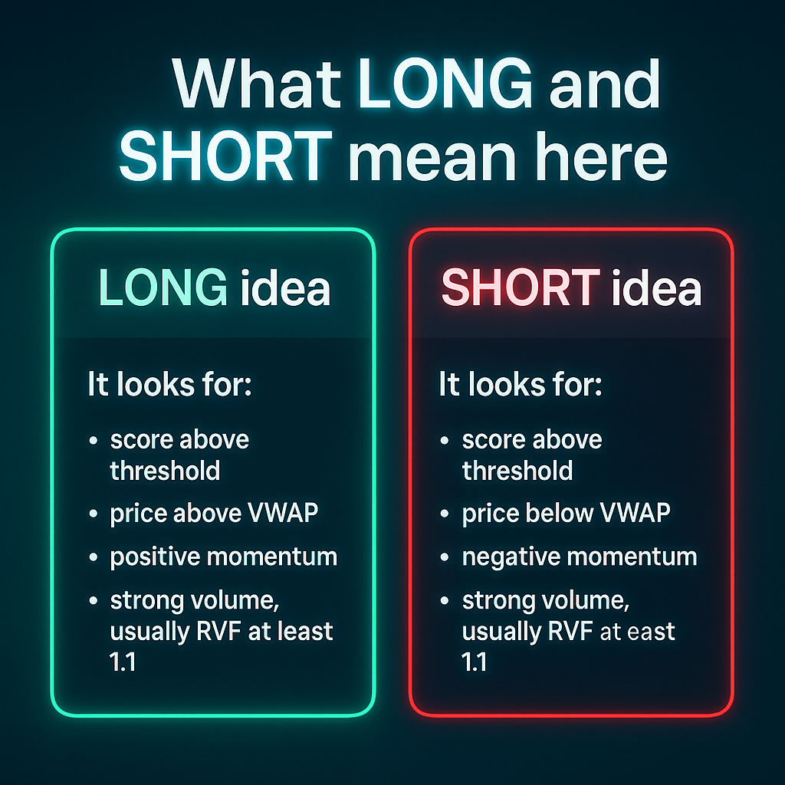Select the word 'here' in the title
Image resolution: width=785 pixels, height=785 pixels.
(x=601, y=156)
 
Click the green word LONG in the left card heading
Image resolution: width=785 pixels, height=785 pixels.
(x=163, y=287)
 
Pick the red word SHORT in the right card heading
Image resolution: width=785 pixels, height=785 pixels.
(x=521, y=287)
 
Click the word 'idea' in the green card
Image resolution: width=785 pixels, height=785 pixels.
(x=285, y=287)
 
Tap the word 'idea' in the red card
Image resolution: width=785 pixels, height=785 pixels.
(x=657, y=287)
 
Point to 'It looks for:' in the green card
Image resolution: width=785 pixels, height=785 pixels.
(x=169, y=384)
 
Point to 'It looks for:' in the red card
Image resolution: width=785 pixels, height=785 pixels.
(x=521, y=384)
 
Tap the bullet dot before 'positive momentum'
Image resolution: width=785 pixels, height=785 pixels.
(x=93, y=557)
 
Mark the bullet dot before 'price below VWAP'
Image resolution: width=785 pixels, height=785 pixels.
(x=445, y=514)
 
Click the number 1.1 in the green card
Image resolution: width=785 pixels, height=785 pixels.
(x=123, y=662)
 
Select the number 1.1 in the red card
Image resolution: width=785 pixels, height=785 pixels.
(x=474, y=662)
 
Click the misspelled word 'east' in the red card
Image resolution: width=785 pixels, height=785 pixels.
(x=651, y=632)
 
